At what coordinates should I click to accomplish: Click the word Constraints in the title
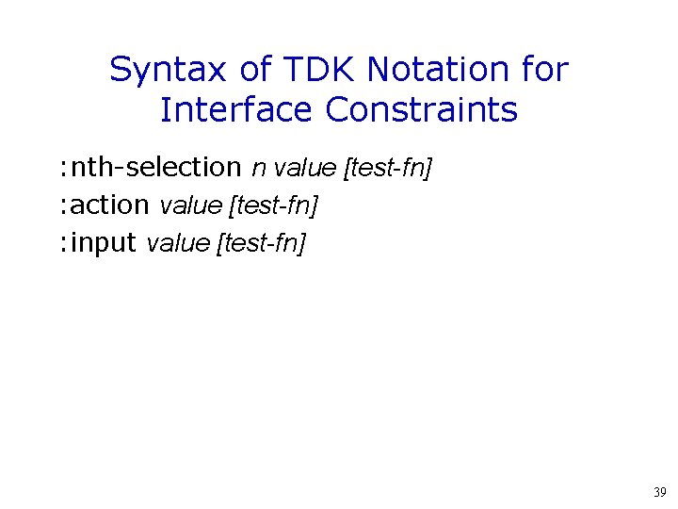pyautogui.click(x=422, y=110)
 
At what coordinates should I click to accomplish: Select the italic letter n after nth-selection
pyautogui.click(x=257, y=170)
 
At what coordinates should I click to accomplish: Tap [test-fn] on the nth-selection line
pyautogui.click(x=389, y=169)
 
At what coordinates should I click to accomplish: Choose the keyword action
pyautogui.click(x=109, y=205)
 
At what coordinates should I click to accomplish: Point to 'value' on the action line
pyautogui.click(x=191, y=205)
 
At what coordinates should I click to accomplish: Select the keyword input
pyautogui.click(x=104, y=244)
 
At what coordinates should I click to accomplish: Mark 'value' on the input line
pyautogui.click(x=179, y=244)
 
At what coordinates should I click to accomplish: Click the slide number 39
pyautogui.click(x=659, y=492)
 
